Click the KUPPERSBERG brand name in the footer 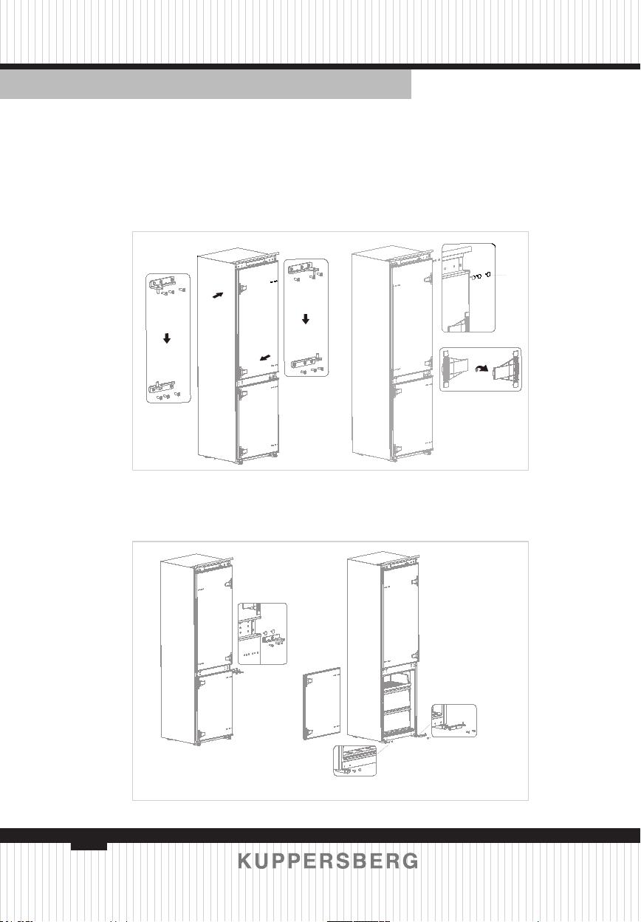click(x=328, y=861)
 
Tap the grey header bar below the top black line click(x=205, y=84)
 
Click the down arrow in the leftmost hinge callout click(x=167, y=338)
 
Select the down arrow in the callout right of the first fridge click(x=305, y=319)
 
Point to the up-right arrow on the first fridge click(x=218, y=295)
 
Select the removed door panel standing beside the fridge click(x=322, y=704)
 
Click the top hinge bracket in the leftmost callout click(x=162, y=284)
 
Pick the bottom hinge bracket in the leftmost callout click(x=161, y=388)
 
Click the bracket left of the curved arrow click(x=454, y=368)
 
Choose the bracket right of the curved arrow click(x=506, y=369)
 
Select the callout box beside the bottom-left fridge click(x=262, y=634)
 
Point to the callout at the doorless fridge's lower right click(x=454, y=721)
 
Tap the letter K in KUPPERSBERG click(x=244, y=861)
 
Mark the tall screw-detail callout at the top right click(x=469, y=287)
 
